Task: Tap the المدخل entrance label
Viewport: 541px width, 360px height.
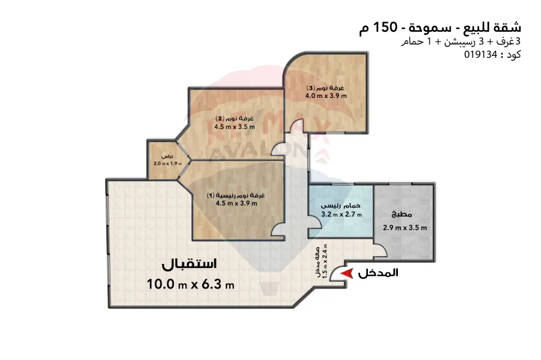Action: click(x=378, y=273)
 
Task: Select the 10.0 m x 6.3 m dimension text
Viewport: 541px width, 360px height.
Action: click(x=190, y=284)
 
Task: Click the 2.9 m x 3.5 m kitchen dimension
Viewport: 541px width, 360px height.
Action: click(x=405, y=227)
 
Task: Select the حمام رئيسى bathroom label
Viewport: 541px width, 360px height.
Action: click(x=341, y=204)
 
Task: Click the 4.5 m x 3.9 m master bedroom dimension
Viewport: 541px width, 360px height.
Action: click(x=236, y=203)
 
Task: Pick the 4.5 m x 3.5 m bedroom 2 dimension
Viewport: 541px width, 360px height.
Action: click(x=234, y=126)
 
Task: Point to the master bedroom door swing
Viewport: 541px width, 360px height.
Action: click(x=279, y=229)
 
